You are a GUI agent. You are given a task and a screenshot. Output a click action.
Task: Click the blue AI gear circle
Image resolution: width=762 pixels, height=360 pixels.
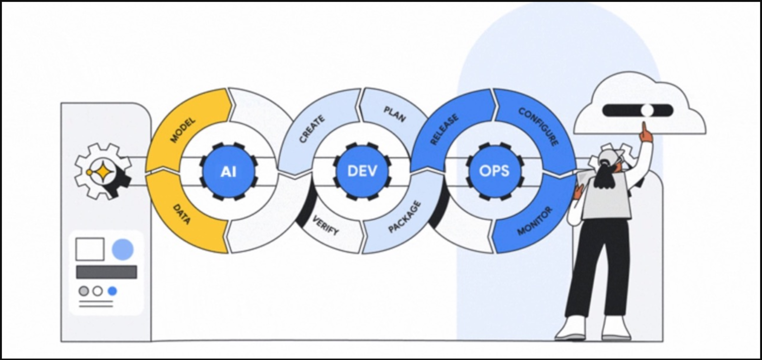pos(229,172)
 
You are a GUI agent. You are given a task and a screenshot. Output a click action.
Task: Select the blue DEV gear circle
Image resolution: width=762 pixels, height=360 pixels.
pos(362,172)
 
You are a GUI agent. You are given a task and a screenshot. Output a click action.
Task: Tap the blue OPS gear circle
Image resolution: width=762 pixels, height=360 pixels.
pos(494,172)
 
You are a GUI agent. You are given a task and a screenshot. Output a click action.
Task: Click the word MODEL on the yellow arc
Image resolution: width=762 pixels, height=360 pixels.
pos(183,130)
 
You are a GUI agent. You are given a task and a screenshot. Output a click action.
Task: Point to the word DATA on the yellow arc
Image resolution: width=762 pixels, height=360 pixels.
pos(182,214)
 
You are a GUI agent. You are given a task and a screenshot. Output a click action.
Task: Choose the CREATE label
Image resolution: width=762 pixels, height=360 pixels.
pos(312,129)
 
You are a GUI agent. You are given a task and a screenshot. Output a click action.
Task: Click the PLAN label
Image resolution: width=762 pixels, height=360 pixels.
pos(395,114)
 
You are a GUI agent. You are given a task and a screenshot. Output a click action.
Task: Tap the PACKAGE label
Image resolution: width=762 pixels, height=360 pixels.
pos(404,217)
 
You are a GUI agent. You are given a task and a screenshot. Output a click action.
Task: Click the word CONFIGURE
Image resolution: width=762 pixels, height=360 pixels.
pos(538,127)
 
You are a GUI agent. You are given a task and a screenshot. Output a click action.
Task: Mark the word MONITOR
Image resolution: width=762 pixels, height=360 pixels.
pos(535,220)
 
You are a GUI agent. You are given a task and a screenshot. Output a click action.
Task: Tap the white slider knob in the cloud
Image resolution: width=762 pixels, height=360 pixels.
pos(647,110)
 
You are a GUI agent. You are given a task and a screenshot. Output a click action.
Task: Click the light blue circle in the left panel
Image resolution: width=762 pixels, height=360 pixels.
pos(123,249)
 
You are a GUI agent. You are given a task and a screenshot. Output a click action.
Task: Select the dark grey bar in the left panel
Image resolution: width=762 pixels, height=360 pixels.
pos(106,272)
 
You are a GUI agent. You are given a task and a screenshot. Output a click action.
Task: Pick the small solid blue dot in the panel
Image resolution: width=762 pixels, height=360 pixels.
pos(113,291)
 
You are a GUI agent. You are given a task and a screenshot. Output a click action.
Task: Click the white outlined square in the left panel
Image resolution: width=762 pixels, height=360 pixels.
pos(90,249)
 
